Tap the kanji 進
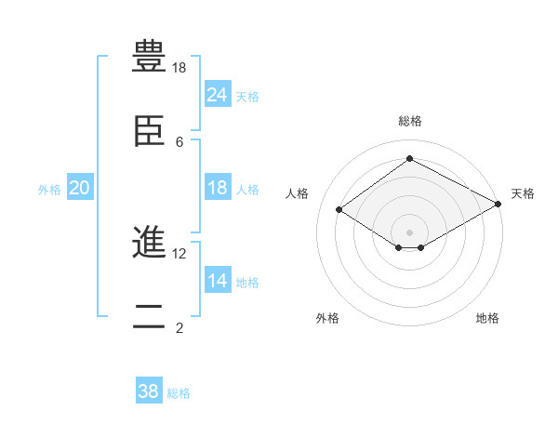coord(149,244)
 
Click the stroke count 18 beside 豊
coord(179,68)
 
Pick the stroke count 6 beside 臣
coord(179,142)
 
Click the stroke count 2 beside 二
coord(179,328)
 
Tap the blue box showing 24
coord(217,95)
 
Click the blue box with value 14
coord(217,282)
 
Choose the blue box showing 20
coord(80,189)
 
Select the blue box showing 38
coord(149,391)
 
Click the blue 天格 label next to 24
coord(247,96)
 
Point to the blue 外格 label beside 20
coord(49,190)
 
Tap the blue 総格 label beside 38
coord(179,392)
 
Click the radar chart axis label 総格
coord(409,121)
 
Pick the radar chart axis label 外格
coord(327,318)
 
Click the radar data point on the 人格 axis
coord(339,210)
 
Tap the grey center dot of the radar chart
coord(409,232)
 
